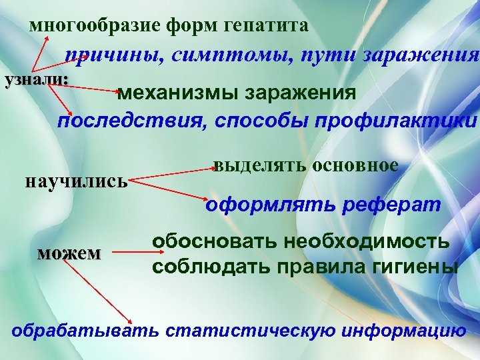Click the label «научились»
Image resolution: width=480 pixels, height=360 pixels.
75,181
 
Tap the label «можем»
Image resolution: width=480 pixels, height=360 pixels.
69,253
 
